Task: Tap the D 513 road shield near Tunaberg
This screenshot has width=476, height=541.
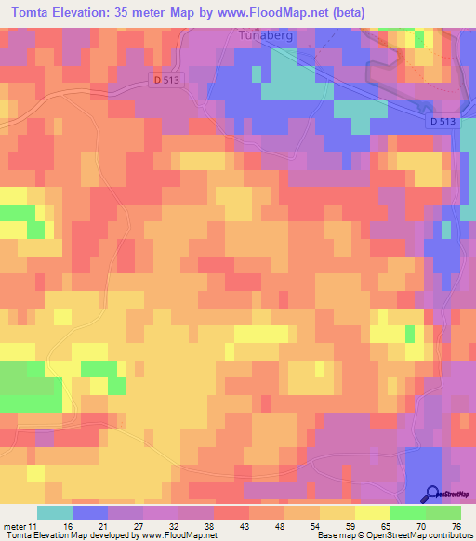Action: coord(165,81)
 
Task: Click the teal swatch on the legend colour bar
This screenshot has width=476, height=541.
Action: coord(55,512)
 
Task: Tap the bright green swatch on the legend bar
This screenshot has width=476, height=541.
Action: coord(408,512)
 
